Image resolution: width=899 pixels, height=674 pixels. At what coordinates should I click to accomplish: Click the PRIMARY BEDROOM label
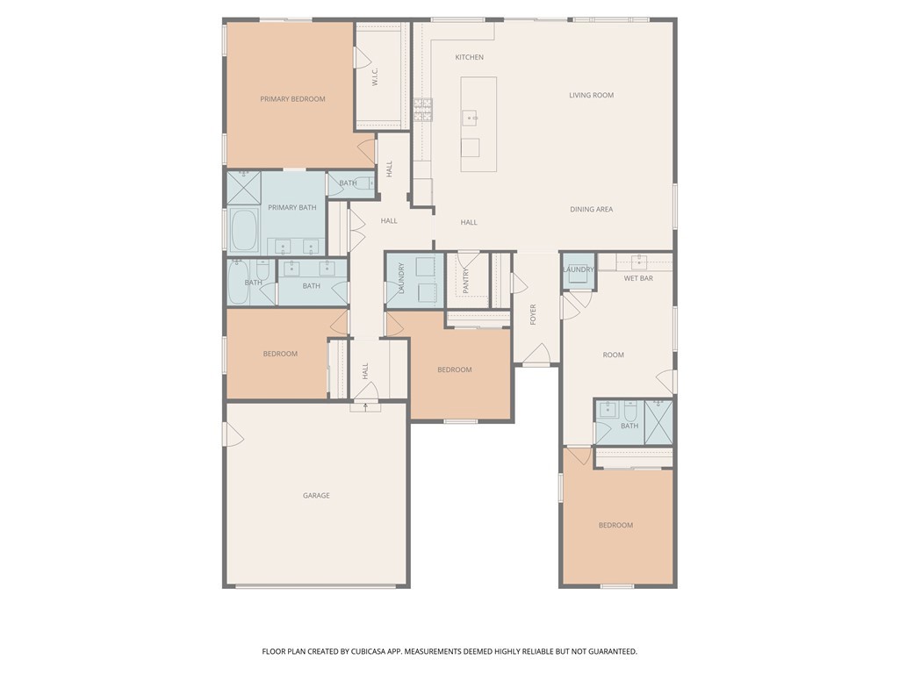(292, 99)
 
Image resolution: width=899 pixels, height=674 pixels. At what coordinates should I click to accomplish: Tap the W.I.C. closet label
(375, 77)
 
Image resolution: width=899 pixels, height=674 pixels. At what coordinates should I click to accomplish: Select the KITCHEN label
(469, 57)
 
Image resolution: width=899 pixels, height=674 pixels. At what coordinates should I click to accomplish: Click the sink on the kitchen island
(471, 118)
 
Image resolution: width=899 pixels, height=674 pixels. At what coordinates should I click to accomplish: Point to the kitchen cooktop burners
(423, 110)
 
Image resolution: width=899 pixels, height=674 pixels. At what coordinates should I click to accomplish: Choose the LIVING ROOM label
(591, 95)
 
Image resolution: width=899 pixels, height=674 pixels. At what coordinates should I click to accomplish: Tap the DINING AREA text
(591, 209)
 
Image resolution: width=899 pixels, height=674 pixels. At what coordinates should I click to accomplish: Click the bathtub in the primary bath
(244, 230)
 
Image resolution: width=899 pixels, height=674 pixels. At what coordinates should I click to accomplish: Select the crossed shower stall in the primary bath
(244, 188)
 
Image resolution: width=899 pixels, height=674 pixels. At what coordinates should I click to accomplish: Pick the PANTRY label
(465, 281)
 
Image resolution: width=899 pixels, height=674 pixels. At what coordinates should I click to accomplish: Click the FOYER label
(533, 315)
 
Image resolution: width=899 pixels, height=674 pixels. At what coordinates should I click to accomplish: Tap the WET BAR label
(638, 278)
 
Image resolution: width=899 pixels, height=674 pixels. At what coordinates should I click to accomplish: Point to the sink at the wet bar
(639, 262)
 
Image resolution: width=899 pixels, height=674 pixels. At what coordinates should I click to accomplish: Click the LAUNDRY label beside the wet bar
(579, 269)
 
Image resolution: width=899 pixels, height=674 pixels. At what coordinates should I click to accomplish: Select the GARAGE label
(316, 495)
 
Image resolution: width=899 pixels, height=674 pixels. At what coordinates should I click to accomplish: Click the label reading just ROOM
(613, 355)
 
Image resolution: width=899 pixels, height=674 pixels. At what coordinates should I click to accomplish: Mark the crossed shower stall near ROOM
(658, 422)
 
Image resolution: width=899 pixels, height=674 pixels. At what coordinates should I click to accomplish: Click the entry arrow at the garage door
(366, 407)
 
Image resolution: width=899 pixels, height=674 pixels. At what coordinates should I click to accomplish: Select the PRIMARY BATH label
(291, 207)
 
